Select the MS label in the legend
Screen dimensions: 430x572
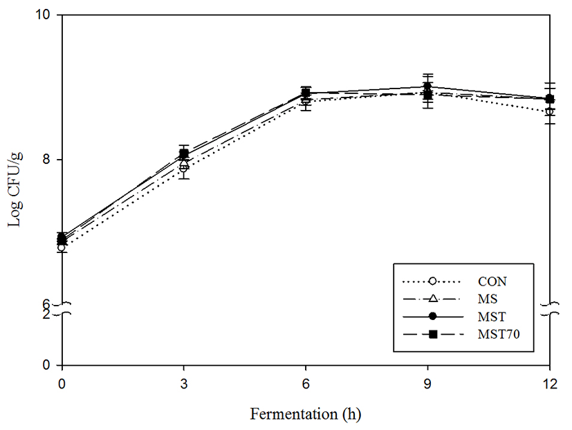click(x=487, y=299)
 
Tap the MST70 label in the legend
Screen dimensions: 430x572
click(x=497, y=335)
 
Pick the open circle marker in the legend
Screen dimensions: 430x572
click(x=432, y=281)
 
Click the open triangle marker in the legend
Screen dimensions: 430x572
click(x=432, y=299)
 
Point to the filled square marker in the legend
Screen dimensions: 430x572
click(x=432, y=335)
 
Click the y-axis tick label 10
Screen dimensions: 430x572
click(x=47, y=15)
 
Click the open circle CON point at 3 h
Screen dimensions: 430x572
click(x=183, y=167)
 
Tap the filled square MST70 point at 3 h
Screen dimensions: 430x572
click(x=184, y=153)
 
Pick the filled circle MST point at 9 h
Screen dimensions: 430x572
click(x=427, y=87)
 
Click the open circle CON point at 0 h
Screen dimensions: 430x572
click(x=62, y=247)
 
